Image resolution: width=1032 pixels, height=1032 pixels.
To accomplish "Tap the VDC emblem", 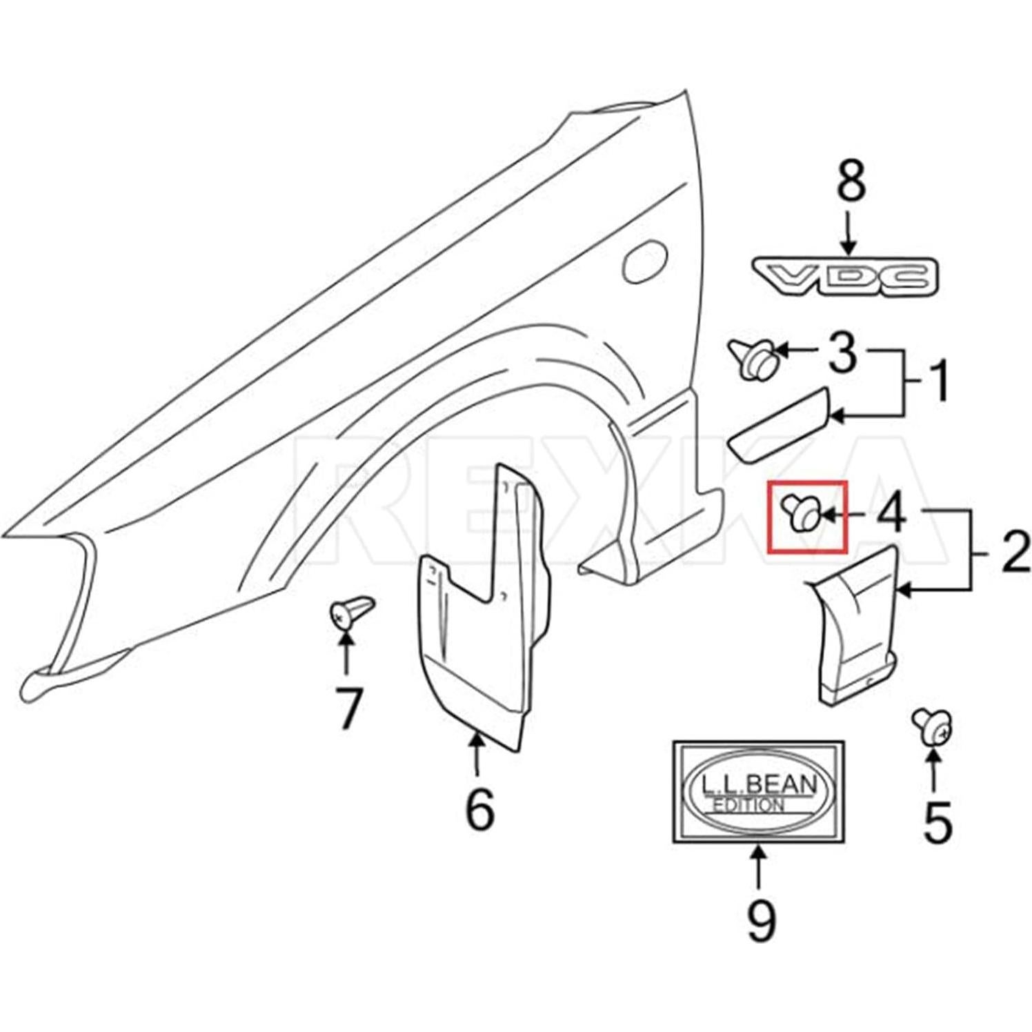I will click(845, 277).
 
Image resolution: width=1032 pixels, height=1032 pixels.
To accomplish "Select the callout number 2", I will click(1014, 553).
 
